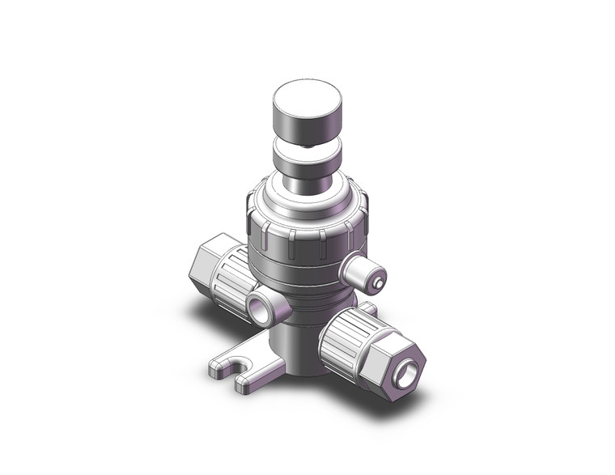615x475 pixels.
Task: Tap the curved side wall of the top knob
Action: tap(306, 126)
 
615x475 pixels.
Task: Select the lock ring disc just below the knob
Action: tap(306, 155)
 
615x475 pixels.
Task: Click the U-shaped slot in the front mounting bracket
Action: tap(240, 371)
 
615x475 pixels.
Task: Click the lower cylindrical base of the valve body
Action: tap(299, 348)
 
